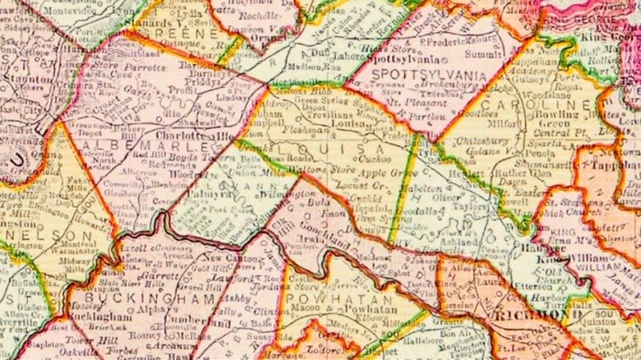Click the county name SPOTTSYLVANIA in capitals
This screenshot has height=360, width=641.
click(x=420, y=75)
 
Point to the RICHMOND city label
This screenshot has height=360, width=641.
click(x=531, y=315)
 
